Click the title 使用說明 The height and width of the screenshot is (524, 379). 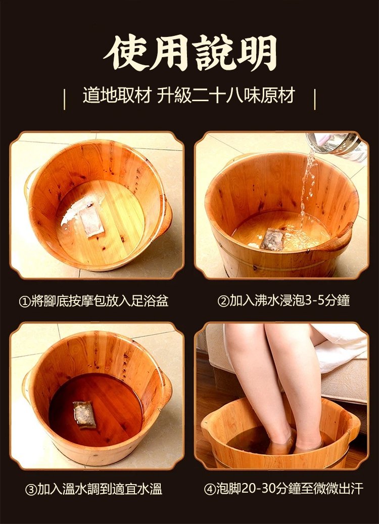click(x=190, y=53)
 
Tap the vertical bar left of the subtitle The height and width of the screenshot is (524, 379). click(x=64, y=99)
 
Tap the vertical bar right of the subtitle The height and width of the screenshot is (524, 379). click(x=314, y=99)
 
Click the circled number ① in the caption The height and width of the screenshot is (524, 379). click(x=24, y=302)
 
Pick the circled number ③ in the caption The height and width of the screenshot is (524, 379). click(x=31, y=489)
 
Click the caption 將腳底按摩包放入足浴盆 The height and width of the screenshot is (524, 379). click(x=99, y=302)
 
